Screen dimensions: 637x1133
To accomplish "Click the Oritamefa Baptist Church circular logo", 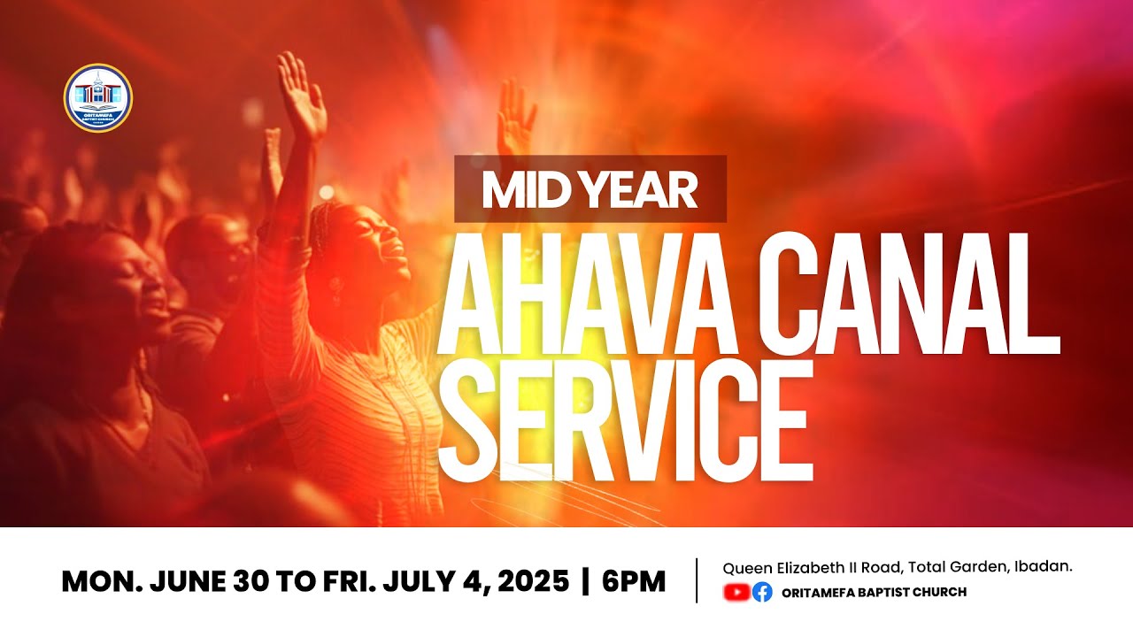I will coord(98,98).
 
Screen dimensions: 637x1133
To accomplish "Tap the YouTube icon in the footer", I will coord(736,592).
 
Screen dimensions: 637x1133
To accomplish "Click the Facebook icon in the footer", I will coord(762,592).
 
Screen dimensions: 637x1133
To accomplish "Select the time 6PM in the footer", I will coord(634,582).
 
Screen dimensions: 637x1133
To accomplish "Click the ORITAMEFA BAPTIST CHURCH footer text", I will coord(875,592).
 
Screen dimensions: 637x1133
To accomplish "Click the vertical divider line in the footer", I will coord(698,580).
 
